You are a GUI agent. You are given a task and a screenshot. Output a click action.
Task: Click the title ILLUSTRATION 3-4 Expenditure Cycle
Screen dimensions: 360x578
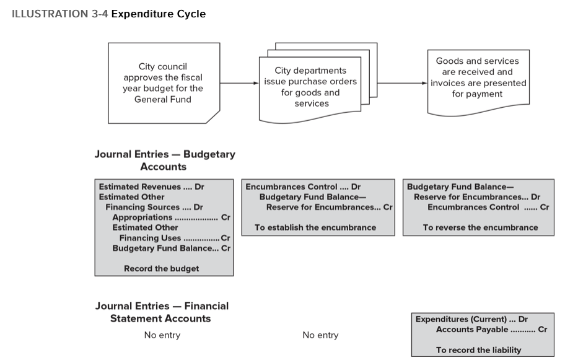(109, 14)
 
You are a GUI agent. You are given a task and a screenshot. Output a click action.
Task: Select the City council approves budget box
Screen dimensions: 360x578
(163, 82)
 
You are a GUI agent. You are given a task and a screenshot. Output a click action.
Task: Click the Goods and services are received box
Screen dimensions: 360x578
(478, 77)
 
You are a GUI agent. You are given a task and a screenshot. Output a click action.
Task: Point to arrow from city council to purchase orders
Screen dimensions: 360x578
(239, 82)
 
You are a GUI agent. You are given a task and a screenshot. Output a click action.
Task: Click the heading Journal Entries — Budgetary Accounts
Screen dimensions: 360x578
(164, 160)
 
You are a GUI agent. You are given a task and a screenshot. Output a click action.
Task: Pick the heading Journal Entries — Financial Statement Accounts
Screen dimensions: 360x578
(161, 312)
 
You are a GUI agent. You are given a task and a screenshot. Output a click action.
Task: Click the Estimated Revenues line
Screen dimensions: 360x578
(151, 187)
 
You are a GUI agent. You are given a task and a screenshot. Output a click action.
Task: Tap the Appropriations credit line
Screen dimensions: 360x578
(170, 217)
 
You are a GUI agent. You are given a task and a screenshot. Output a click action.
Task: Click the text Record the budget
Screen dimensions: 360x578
(161, 269)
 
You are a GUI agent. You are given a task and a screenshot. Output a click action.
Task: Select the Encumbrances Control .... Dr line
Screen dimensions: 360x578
(303, 187)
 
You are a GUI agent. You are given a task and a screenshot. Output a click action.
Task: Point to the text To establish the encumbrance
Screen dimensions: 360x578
(315, 227)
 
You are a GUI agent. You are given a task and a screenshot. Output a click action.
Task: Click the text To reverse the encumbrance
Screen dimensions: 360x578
(480, 227)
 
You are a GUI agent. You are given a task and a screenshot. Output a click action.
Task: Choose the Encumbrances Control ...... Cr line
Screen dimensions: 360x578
(488, 208)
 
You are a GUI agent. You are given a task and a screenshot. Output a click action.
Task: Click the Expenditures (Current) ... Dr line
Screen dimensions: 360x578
(471, 319)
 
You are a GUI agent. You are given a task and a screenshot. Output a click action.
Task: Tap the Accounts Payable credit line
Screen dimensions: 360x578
(491, 330)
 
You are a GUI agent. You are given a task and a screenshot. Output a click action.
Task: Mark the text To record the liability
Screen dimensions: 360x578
(478, 350)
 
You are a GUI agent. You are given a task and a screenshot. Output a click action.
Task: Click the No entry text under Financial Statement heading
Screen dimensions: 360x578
(162, 335)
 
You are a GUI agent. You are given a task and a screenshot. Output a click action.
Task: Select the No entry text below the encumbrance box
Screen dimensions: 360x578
(320, 335)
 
